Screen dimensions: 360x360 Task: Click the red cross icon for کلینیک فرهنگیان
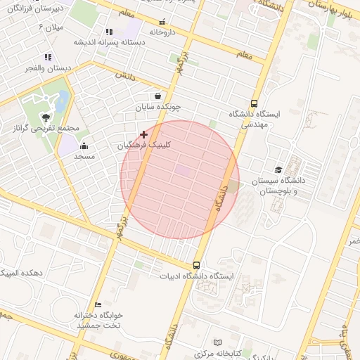144,134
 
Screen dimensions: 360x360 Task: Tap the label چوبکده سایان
158,108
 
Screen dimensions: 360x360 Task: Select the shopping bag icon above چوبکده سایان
157,96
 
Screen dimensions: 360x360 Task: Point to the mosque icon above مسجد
84,146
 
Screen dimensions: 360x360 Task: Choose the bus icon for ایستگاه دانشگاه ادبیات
196,265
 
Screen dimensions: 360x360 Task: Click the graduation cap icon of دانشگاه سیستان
278,169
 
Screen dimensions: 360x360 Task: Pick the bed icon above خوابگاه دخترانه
98,303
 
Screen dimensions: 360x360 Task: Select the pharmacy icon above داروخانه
163,22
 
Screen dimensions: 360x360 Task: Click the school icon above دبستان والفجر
48,57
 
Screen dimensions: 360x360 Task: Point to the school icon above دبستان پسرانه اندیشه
108,32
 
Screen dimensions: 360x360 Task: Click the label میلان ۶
51,26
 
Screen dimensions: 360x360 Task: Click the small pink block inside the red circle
183,169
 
